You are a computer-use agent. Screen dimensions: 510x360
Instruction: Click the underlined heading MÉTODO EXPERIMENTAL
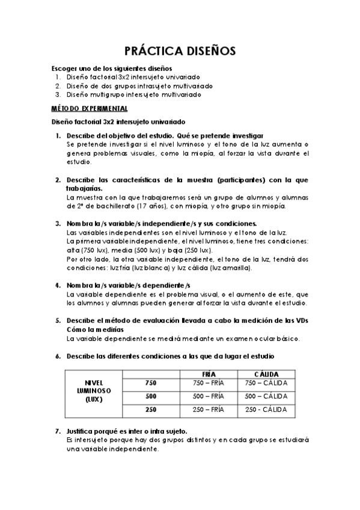[89, 108]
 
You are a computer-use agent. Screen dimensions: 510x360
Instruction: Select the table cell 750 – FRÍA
[209, 383]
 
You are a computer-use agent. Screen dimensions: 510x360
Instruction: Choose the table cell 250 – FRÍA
[209, 410]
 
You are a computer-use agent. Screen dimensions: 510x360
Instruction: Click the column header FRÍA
[209, 373]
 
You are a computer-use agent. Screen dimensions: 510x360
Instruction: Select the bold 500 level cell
[151, 396]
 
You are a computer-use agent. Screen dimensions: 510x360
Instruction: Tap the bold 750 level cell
[151, 383]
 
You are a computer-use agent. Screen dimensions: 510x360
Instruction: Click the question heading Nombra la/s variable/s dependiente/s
[129, 284]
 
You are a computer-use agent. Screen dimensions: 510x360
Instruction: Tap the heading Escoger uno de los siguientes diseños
[112, 69]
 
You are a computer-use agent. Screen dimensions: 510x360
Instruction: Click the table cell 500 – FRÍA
[209, 396]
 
